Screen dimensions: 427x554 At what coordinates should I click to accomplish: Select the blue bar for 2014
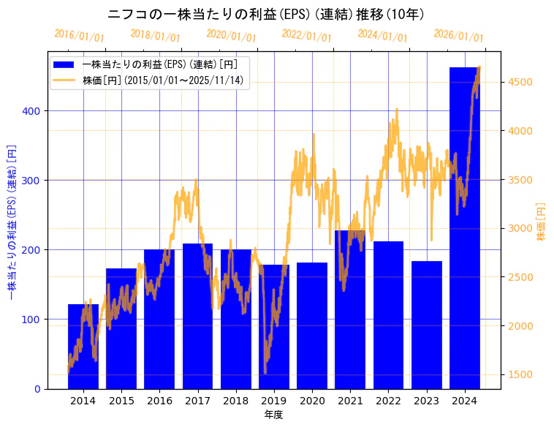coord(83,347)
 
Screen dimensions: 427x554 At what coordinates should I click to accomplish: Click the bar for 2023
coord(427,325)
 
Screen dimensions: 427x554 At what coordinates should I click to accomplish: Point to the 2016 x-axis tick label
coord(159,401)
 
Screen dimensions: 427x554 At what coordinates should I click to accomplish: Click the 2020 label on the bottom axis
coord(312,401)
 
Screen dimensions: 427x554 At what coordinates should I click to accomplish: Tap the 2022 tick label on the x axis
coord(388,401)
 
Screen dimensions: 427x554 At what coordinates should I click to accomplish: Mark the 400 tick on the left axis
coord(34,111)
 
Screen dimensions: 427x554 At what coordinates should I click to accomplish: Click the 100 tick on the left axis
coord(34,320)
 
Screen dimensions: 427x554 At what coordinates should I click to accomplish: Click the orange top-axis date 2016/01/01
coord(80,37)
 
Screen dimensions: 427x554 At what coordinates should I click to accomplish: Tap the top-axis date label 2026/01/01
coord(458,37)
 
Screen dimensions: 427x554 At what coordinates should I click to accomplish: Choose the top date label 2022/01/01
coord(306,37)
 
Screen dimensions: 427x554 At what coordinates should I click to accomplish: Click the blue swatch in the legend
coord(64,64)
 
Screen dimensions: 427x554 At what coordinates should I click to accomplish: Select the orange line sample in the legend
coord(64,80)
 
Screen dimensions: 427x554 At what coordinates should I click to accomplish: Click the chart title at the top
coord(267,15)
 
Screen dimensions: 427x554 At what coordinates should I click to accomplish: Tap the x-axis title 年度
coord(273,415)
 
